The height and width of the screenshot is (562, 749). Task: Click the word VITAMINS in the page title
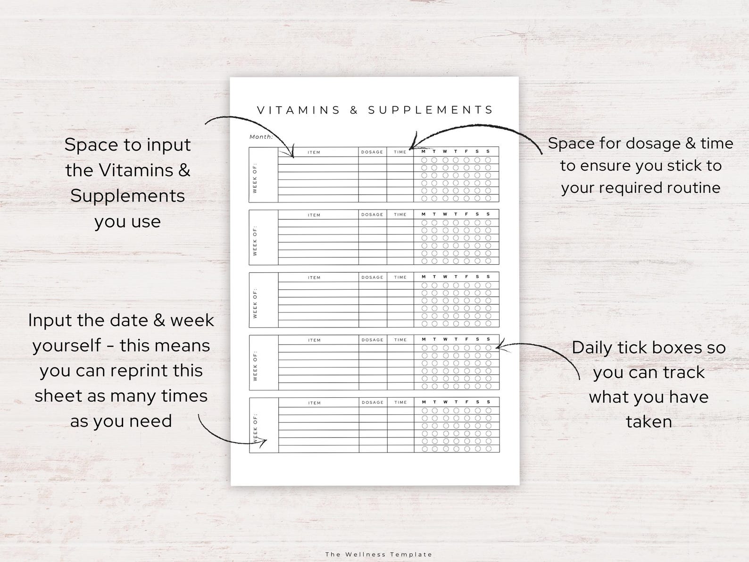(299, 110)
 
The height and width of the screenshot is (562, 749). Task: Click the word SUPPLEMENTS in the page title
(430, 110)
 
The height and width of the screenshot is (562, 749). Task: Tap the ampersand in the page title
(354, 110)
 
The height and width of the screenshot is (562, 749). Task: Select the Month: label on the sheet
(261, 137)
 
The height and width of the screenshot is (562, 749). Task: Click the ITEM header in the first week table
(314, 152)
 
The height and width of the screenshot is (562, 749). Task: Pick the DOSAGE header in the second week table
(372, 215)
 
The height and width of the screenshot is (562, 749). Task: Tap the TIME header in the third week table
(400, 277)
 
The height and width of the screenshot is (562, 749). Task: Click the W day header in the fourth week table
(445, 339)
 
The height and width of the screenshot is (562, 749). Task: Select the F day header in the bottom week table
(467, 402)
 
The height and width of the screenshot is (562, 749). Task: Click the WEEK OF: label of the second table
(255, 241)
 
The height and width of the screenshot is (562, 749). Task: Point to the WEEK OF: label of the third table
(255, 303)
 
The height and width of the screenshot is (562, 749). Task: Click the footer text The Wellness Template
(378, 554)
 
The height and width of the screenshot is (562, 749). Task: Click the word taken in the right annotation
(649, 421)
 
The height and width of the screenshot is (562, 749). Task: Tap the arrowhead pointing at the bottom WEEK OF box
(264, 442)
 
